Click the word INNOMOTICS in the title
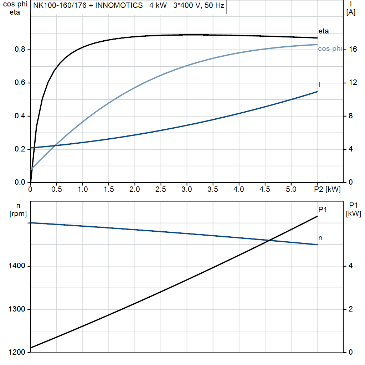[116, 6]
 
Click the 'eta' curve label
[323, 31]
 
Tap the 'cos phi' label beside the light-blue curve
[330, 49]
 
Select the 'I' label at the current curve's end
[319, 84]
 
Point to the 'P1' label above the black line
[323, 210]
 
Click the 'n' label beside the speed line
[320, 238]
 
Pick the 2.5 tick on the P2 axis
[161, 189]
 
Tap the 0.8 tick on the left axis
[20, 50]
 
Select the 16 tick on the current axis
[353, 50]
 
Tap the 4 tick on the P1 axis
[351, 266]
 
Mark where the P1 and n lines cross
[270, 240]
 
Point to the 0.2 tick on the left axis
[20, 149]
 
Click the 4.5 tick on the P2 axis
[265, 189]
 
